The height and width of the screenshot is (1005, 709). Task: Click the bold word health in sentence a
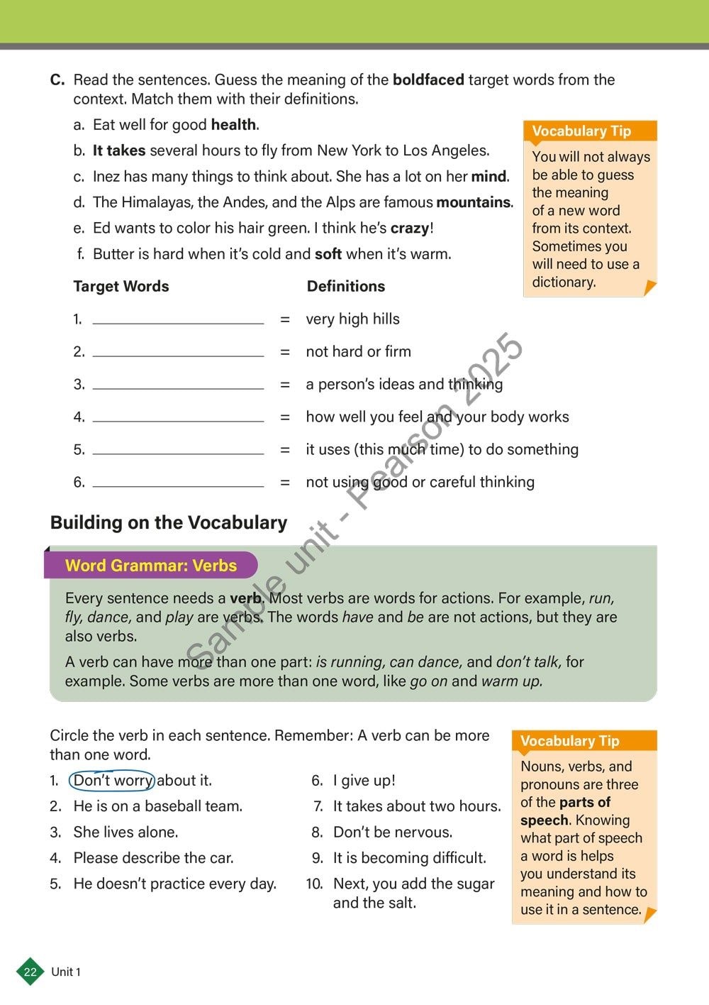233,125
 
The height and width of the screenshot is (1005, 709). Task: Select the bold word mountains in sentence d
474,202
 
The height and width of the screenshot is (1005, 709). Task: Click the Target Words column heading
121,287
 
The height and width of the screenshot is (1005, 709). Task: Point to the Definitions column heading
346,287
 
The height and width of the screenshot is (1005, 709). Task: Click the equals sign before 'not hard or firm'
285,352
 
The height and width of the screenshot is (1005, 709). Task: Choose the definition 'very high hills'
352,319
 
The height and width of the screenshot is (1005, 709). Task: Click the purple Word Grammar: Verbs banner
151,566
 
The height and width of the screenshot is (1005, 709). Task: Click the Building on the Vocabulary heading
169,523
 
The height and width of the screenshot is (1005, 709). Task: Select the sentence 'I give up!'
364,781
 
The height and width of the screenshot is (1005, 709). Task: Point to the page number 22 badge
30,972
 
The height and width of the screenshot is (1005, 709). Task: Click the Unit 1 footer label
66,972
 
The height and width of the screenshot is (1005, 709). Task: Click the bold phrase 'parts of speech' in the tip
565,811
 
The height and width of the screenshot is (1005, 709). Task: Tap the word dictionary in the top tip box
564,282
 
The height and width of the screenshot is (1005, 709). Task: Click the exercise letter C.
57,80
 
